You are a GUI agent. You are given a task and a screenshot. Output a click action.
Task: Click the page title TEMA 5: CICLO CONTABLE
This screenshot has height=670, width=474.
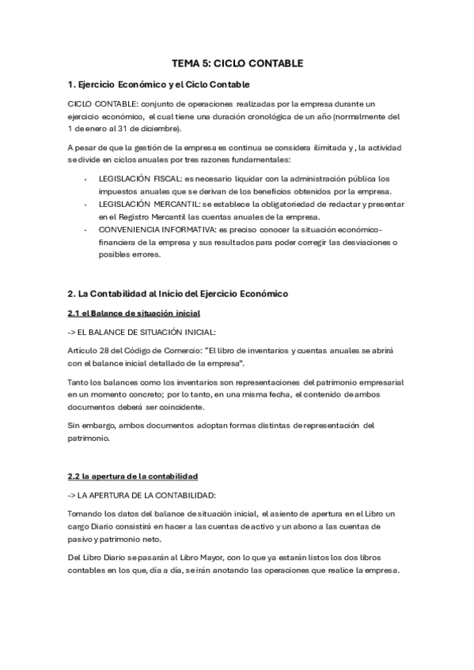pos(237,63)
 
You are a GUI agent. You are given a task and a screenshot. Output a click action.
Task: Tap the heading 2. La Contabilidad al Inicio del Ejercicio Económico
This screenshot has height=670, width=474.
pos(177,294)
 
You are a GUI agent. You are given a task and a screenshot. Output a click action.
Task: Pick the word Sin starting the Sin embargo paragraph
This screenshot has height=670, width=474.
pos(74,425)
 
